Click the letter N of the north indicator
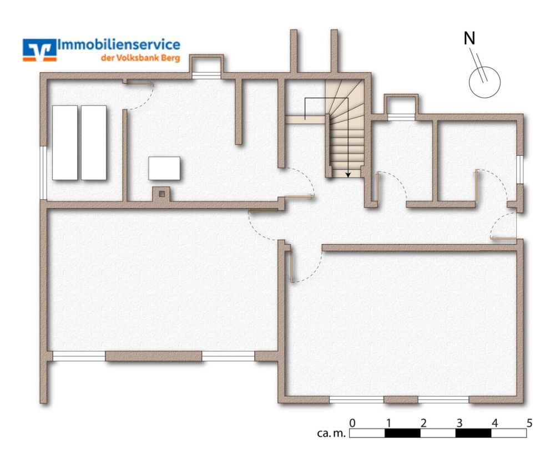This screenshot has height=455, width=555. click(x=470, y=38)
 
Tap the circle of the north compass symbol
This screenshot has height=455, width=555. click(x=485, y=80)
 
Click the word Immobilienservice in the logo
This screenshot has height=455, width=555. click(x=119, y=45)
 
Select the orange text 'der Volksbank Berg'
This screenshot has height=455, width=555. click(x=140, y=58)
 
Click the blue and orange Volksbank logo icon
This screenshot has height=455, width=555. click(x=39, y=49)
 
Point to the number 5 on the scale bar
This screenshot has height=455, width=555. click(x=529, y=423)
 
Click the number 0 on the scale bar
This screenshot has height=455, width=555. click(x=352, y=423)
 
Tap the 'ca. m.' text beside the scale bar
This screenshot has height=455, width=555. click(x=331, y=433)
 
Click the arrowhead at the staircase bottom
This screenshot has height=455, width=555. click(x=348, y=174)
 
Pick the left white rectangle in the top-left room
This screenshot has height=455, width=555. click(x=65, y=142)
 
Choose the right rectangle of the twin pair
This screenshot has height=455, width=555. click(x=94, y=142)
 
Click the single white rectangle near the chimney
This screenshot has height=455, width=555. click(x=164, y=168)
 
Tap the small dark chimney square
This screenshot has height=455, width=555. click(x=162, y=194)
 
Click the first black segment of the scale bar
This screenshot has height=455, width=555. click(x=402, y=433)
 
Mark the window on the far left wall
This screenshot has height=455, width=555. click(x=43, y=172)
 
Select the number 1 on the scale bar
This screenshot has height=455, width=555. click(x=388, y=423)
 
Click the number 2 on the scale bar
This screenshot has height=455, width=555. click(x=423, y=423)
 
